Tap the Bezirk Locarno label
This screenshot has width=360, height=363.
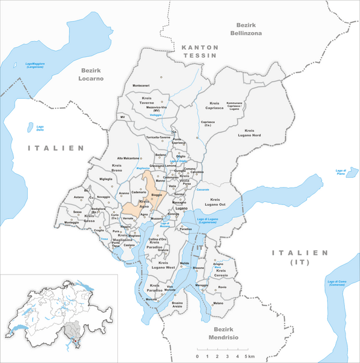coord(91,74)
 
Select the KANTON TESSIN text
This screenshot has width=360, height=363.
coord(199,51)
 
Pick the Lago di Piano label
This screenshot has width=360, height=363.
coord(344,172)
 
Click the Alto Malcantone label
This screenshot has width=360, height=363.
coord(128,158)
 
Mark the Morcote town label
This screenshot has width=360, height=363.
coord(154,299)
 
